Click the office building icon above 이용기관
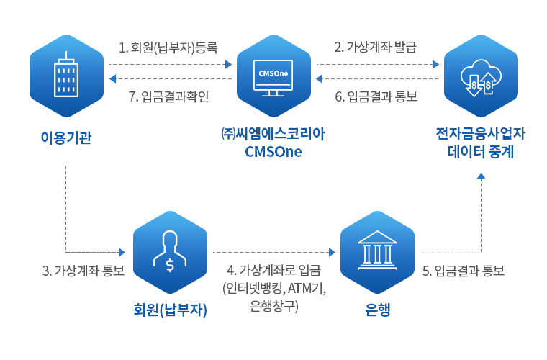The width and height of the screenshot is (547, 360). (x=66, y=75)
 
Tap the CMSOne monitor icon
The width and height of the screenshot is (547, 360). (x=273, y=78)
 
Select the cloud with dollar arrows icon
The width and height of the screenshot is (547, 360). (x=481, y=78)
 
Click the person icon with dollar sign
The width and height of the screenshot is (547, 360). (x=170, y=251)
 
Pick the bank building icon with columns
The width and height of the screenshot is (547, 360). (x=377, y=250)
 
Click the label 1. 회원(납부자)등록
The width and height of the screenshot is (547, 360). (x=168, y=47)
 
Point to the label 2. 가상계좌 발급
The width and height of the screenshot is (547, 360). (x=376, y=47)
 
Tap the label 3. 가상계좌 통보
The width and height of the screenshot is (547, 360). (x=83, y=270)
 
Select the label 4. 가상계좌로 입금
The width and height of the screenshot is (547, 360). (x=273, y=270)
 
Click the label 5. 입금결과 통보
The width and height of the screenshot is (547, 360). (x=464, y=270)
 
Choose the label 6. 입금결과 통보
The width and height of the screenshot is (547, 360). (x=376, y=96)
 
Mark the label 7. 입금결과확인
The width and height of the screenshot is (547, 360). (x=169, y=96)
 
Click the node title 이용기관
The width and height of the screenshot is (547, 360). (x=66, y=138)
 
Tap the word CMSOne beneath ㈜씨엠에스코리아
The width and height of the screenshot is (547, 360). (x=273, y=152)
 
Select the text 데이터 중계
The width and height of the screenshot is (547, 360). (x=481, y=152)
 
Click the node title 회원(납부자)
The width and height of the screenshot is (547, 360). (x=171, y=310)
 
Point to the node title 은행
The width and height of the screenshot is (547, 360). (x=377, y=310)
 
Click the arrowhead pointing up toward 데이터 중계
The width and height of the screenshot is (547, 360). (x=481, y=176)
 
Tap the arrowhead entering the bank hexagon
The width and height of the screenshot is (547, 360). (x=332, y=252)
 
